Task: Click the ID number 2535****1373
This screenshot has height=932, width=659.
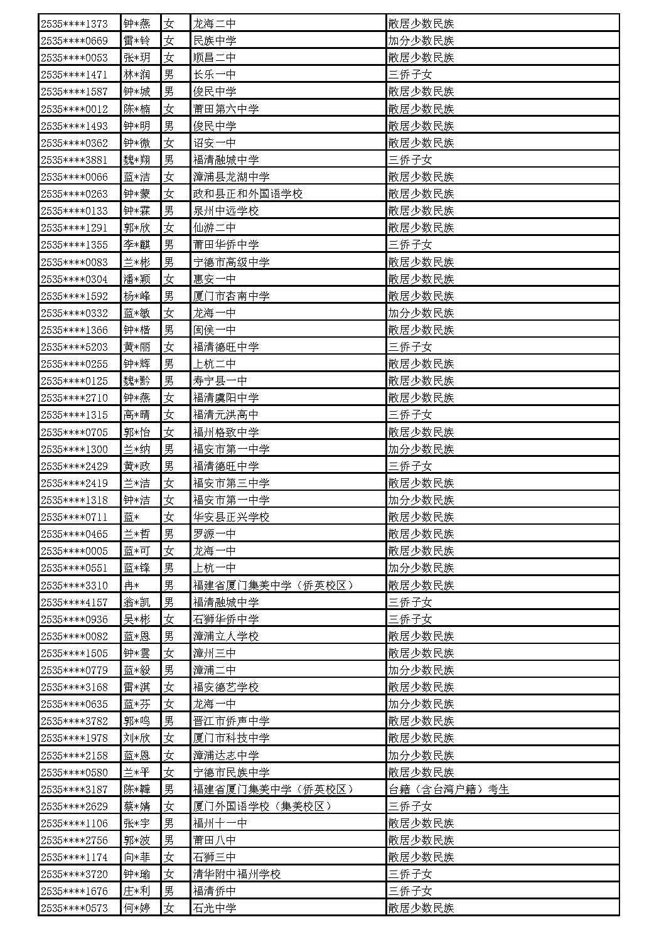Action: (x=74, y=24)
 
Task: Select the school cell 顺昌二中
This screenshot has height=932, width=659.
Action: (x=215, y=58)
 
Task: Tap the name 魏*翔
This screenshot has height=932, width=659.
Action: (x=137, y=160)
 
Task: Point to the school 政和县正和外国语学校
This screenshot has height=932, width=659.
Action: (x=248, y=194)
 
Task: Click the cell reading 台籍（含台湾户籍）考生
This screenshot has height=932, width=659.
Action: (x=449, y=790)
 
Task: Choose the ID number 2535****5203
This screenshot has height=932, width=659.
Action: (x=74, y=347)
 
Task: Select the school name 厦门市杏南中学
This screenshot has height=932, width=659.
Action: (x=232, y=296)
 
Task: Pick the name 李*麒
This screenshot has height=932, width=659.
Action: (x=137, y=245)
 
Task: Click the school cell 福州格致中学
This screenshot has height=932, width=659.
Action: (x=226, y=432)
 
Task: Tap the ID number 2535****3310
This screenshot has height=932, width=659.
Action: (x=74, y=586)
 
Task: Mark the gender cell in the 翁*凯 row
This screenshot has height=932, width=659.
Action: (x=169, y=603)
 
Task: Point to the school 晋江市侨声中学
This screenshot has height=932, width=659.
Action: (x=232, y=721)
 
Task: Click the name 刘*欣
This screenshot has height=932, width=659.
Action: (x=137, y=738)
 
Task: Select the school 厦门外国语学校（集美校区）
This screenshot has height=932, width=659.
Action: (x=263, y=806)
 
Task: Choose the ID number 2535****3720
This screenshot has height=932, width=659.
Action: (x=74, y=874)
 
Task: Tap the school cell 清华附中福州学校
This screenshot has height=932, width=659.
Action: (x=237, y=874)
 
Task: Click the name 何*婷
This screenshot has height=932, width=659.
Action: (x=137, y=908)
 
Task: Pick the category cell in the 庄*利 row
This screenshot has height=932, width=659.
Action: (x=410, y=891)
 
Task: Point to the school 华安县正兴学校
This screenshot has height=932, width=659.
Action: (x=232, y=517)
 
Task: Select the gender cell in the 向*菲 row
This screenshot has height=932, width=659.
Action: (x=169, y=857)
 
